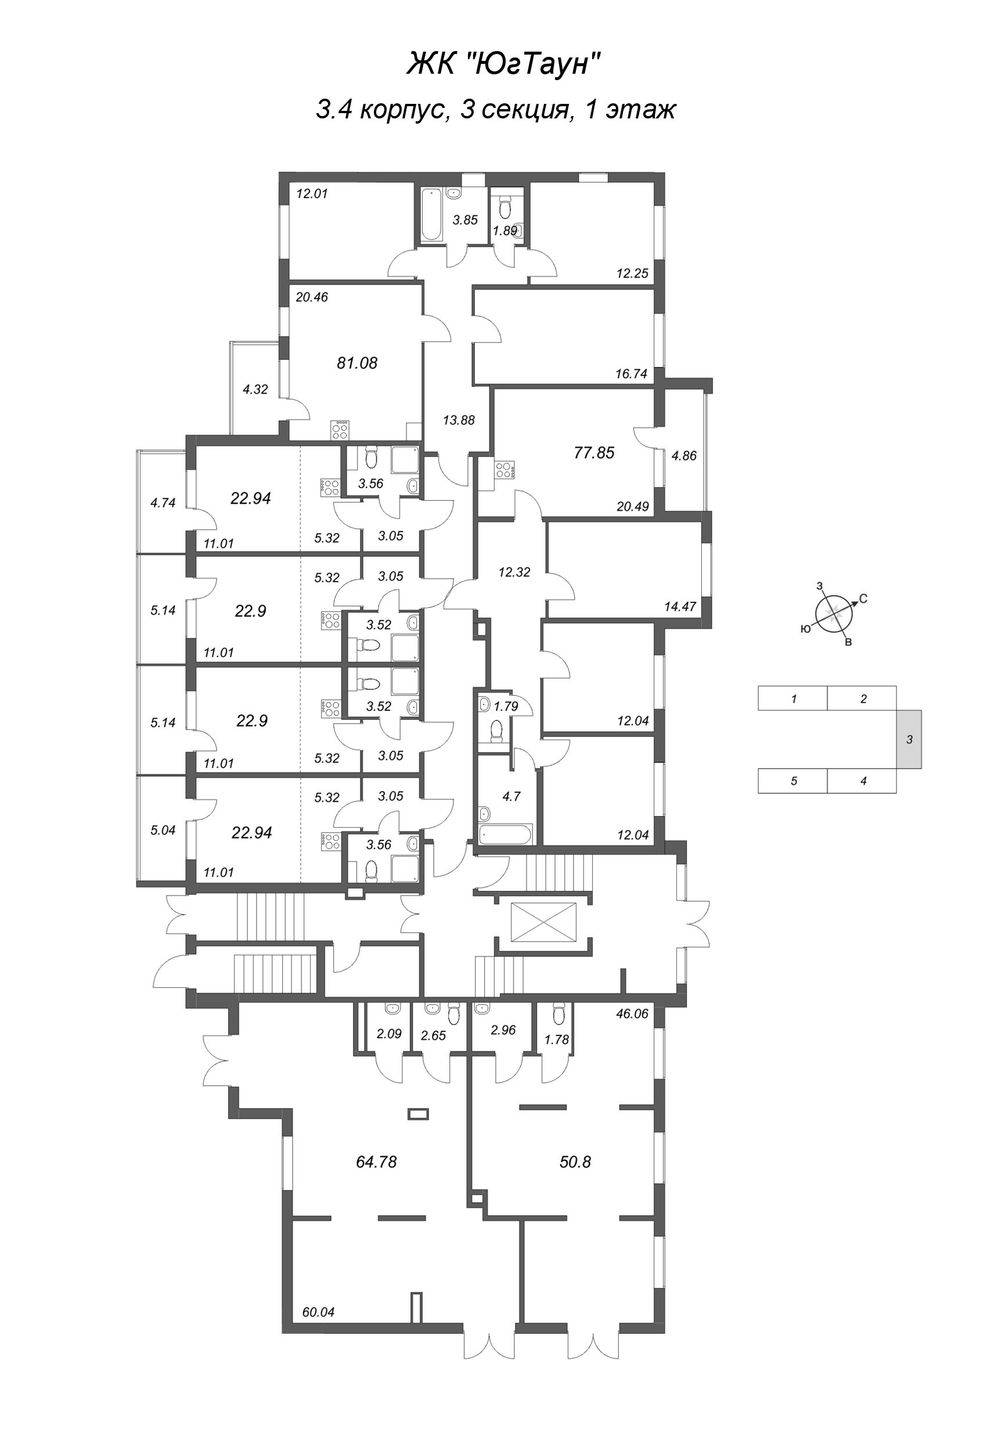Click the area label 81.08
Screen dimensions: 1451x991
356,363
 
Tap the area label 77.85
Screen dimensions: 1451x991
594,453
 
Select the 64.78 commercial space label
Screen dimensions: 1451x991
376,1162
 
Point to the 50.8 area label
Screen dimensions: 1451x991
575,1162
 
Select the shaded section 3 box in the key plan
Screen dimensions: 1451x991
909,739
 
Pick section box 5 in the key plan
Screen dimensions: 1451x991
793,781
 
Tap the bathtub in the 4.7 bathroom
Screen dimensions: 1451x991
505,835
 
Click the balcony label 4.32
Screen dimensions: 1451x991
255,389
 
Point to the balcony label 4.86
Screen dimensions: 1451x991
684,455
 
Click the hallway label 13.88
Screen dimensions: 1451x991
459,420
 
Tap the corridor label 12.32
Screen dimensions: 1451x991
514,571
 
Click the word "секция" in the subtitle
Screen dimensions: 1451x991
524,110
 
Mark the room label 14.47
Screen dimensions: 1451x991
680,605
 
